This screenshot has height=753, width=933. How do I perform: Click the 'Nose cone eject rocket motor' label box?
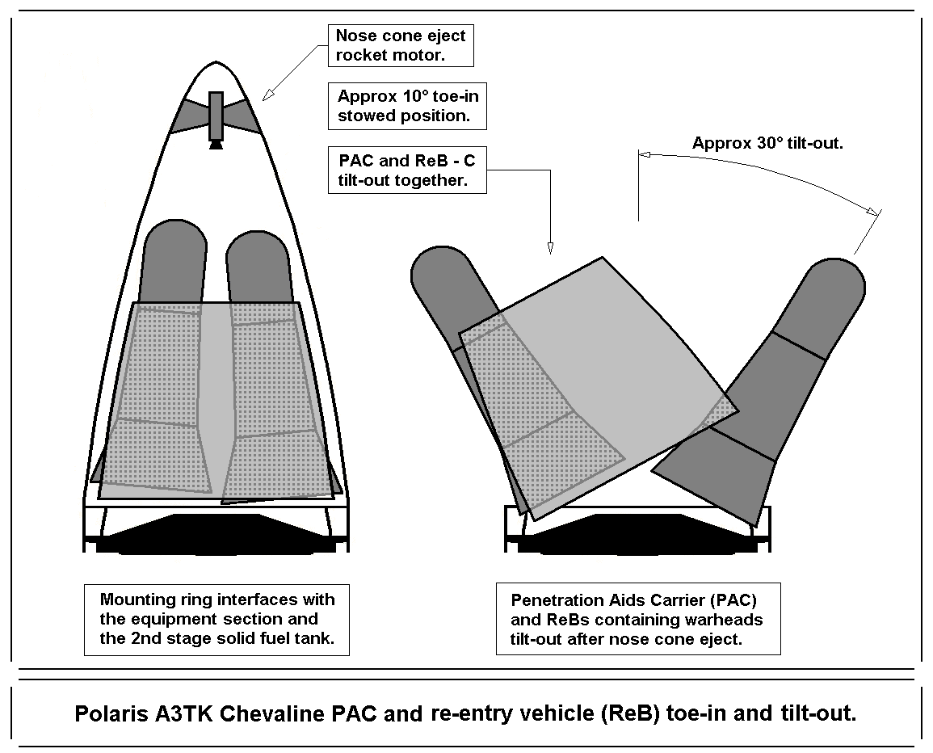[400, 45]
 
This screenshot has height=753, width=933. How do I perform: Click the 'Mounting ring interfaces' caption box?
[216, 620]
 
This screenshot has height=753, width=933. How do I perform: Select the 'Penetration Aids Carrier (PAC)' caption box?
[637, 618]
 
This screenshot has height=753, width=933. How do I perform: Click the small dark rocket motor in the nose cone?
[216, 115]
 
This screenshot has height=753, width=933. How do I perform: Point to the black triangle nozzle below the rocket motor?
[216, 145]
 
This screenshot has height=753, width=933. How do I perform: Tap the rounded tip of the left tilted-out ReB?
[436, 271]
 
